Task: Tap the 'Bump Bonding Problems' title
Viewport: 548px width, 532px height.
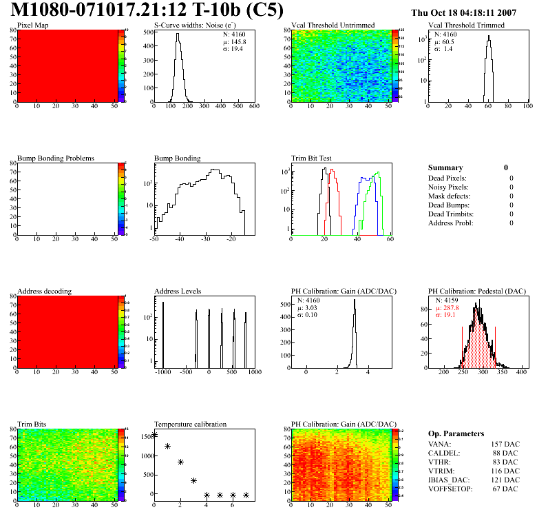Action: pos(56,158)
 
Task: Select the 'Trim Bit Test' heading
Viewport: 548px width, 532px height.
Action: pos(311,158)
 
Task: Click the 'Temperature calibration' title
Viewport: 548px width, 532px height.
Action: pos(190,424)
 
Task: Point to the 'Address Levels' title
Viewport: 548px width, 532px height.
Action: pos(178,291)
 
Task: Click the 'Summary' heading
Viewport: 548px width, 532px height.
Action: pos(445,167)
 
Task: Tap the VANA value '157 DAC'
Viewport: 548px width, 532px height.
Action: pos(504,444)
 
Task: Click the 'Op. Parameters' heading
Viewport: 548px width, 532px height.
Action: pos(456,433)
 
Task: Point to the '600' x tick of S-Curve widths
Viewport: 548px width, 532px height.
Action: pos(253,107)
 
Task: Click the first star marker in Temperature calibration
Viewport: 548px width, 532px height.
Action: pos(154,435)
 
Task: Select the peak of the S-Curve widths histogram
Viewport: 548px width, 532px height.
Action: pos(178,34)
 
